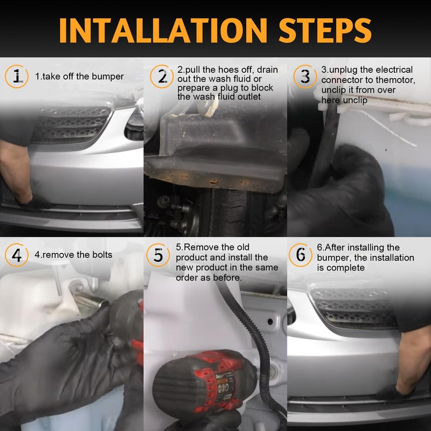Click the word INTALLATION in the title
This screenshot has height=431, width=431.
coord(163,30)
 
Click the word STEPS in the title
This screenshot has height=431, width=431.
coord(325,30)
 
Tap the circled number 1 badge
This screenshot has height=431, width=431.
coord(17,77)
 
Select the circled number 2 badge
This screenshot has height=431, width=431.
coord(162,77)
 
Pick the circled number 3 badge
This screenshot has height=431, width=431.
coord(305,77)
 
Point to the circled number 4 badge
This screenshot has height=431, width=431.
coord(17,255)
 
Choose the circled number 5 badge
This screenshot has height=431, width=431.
coord(158,255)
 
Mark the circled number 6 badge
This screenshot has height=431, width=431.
coord(301,255)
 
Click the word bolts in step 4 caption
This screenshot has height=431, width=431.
coord(102,255)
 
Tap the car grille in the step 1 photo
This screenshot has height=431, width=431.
coord(71,125)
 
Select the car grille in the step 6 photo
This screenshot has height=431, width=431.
coord(354,307)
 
